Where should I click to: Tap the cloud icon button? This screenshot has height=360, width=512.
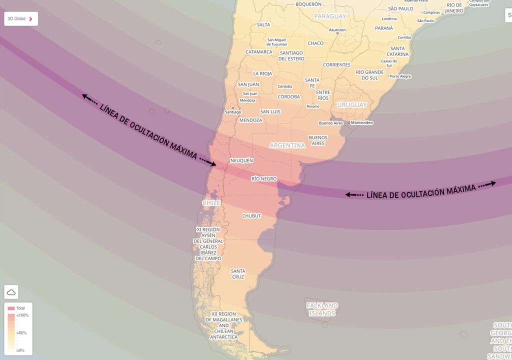point(11,292)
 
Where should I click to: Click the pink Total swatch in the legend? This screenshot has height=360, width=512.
point(11,308)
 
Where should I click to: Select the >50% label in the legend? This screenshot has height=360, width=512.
point(21,333)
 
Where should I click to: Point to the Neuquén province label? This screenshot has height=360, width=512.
point(241,160)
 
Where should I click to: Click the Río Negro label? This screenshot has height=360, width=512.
point(264,178)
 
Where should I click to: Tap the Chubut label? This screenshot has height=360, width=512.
point(251,216)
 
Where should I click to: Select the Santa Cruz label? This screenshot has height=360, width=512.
point(238,274)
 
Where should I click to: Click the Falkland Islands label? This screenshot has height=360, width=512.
point(322,309)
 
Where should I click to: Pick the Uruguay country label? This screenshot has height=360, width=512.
point(352,105)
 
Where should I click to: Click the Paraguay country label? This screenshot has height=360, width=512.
point(330,16)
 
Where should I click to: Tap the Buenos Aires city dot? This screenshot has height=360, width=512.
point(331,119)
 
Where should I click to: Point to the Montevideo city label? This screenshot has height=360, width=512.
point(362,123)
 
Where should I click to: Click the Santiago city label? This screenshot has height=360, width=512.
point(233,112)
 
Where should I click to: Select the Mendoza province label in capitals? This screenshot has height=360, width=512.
point(250,120)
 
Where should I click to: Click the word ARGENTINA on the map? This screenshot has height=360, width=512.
point(287,145)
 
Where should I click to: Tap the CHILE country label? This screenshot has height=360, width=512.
point(211,203)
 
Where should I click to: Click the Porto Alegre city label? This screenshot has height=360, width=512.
point(400,76)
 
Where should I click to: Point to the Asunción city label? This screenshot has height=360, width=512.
point(337,30)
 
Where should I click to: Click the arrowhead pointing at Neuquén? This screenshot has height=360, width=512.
point(213,163)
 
